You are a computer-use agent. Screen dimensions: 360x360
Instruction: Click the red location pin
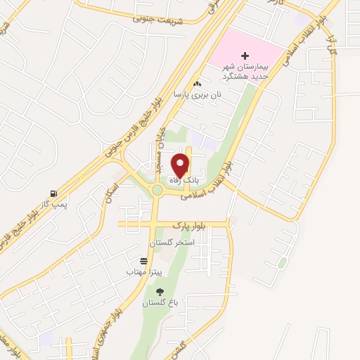[x=181, y=164]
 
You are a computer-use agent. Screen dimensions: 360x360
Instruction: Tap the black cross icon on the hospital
[x=245, y=56]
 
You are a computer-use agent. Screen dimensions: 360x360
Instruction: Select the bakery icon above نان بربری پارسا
[x=198, y=84]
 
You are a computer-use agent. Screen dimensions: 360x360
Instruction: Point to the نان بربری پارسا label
[x=199, y=94]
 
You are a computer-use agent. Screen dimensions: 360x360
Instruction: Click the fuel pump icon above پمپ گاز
[x=53, y=193]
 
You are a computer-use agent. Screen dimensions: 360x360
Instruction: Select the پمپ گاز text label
[x=53, y=203]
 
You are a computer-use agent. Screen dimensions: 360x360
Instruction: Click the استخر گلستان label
[x=171, y=243]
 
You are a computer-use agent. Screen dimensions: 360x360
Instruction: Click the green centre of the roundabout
[x=157, y=190]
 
